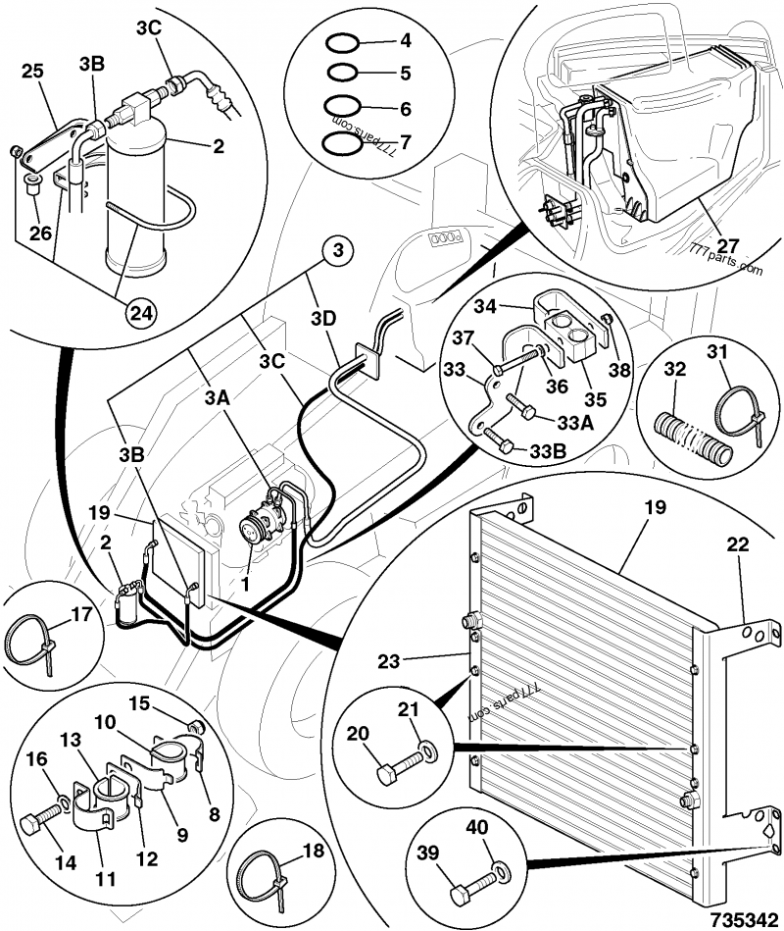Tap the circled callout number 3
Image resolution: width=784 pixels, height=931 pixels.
click(x=336, y=252)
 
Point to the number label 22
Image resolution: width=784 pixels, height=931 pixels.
click(x=738, y=543)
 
